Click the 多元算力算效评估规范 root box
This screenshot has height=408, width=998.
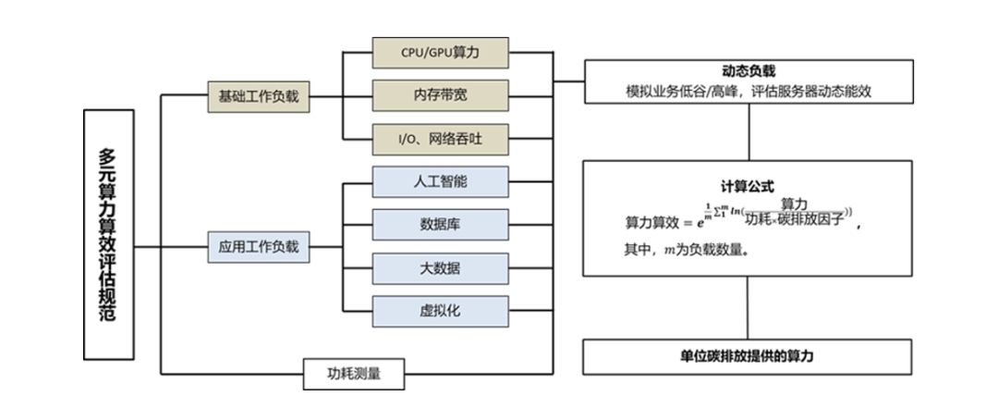point(108,234)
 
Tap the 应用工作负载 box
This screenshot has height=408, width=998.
point(259,247)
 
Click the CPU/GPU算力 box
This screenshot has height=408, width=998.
point(440,53)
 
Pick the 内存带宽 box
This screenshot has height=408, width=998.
point(440,95)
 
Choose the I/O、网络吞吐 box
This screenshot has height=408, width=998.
point(440,139)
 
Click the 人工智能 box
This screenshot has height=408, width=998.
point(440,181)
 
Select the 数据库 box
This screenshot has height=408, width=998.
point(440,224)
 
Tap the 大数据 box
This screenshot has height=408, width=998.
point(440,268)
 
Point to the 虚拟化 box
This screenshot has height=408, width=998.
point(440,311)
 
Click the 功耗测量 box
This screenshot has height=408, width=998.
point(354,374)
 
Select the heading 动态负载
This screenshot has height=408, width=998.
point(748,71)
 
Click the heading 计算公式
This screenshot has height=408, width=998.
point(748,185)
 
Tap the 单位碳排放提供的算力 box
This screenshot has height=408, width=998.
point(748,356)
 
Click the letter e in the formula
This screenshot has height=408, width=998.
point(700,222)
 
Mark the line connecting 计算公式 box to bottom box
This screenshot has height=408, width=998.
point(748,307)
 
